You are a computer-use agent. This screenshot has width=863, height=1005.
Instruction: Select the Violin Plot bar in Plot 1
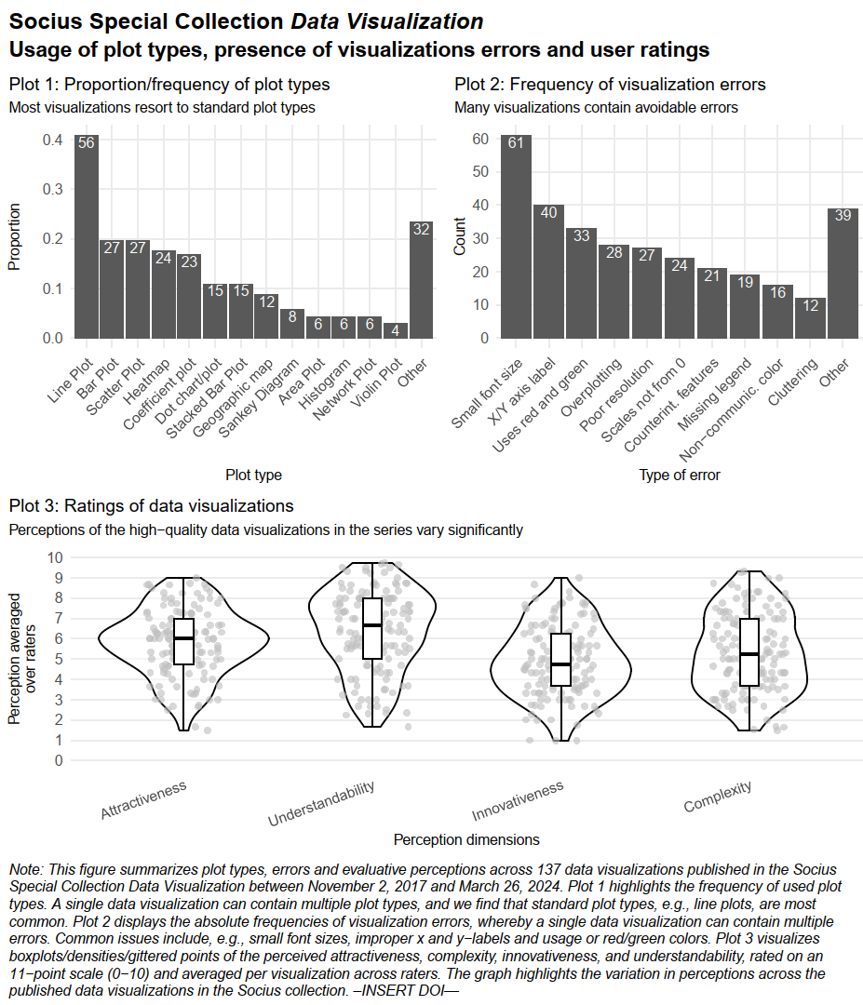396,330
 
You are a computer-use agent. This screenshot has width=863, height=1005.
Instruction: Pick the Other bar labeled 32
421,279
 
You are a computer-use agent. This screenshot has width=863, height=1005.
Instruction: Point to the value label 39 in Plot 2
843,215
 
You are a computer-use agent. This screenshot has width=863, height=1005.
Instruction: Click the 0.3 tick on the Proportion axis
53,189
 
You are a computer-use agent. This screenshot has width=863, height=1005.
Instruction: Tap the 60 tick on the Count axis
481,139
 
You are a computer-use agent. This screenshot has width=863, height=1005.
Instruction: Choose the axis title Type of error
679,475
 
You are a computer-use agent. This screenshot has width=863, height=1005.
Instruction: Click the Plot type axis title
253,475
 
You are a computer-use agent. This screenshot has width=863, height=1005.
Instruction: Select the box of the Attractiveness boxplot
183,641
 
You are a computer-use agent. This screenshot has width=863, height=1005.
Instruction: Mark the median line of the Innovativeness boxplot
560,664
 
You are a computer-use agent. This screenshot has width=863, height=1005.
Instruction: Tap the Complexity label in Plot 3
718,797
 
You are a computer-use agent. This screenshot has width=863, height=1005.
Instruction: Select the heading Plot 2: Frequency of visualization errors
610,84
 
